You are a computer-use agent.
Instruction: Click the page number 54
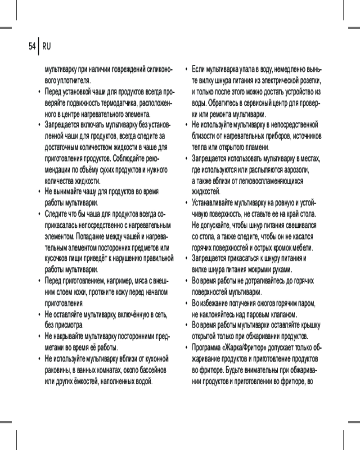point(31,46)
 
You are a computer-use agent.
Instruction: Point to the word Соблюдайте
point(134,158)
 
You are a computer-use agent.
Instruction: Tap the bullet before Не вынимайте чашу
point(39,192)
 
